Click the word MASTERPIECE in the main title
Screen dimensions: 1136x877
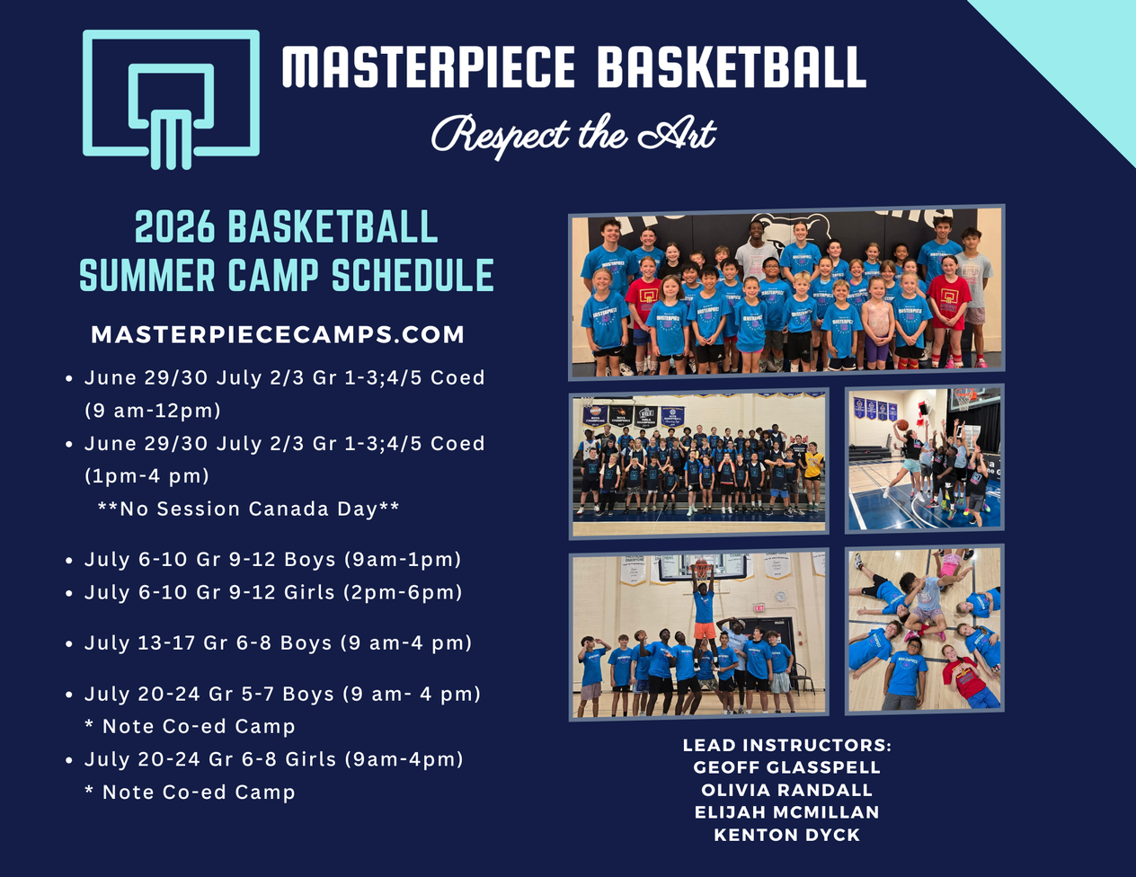(x=428, y=66)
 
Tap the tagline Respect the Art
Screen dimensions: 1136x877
(x=573, y=135)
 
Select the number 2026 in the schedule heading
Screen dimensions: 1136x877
(x=174, y=226)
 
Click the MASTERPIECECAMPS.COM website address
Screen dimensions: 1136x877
(x=278, y=334)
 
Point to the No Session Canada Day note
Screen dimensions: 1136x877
(x=249, y=509)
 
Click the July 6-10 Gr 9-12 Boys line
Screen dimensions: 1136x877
(x=272, y=559)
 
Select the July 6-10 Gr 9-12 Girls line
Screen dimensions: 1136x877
(x=273, y=592)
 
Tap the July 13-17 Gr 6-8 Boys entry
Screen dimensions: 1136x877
(x=278, y=642)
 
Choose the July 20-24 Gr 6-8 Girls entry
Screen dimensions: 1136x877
(x=273, y=759)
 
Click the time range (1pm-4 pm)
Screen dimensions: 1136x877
(x=146, y=476)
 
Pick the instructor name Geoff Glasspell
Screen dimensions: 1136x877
(x=786, y=767)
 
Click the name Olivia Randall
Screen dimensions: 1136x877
(x=786, y=790)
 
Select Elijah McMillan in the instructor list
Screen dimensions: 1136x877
(x=786, y=812)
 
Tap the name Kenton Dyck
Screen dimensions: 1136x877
(x=786, y=835)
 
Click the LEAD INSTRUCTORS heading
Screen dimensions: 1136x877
(x=786, y=745)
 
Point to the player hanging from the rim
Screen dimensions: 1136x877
(x=704, y=612)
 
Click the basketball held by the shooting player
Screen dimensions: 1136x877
(x=901, y=425)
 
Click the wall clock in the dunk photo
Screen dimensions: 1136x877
(x=780, y=597)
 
